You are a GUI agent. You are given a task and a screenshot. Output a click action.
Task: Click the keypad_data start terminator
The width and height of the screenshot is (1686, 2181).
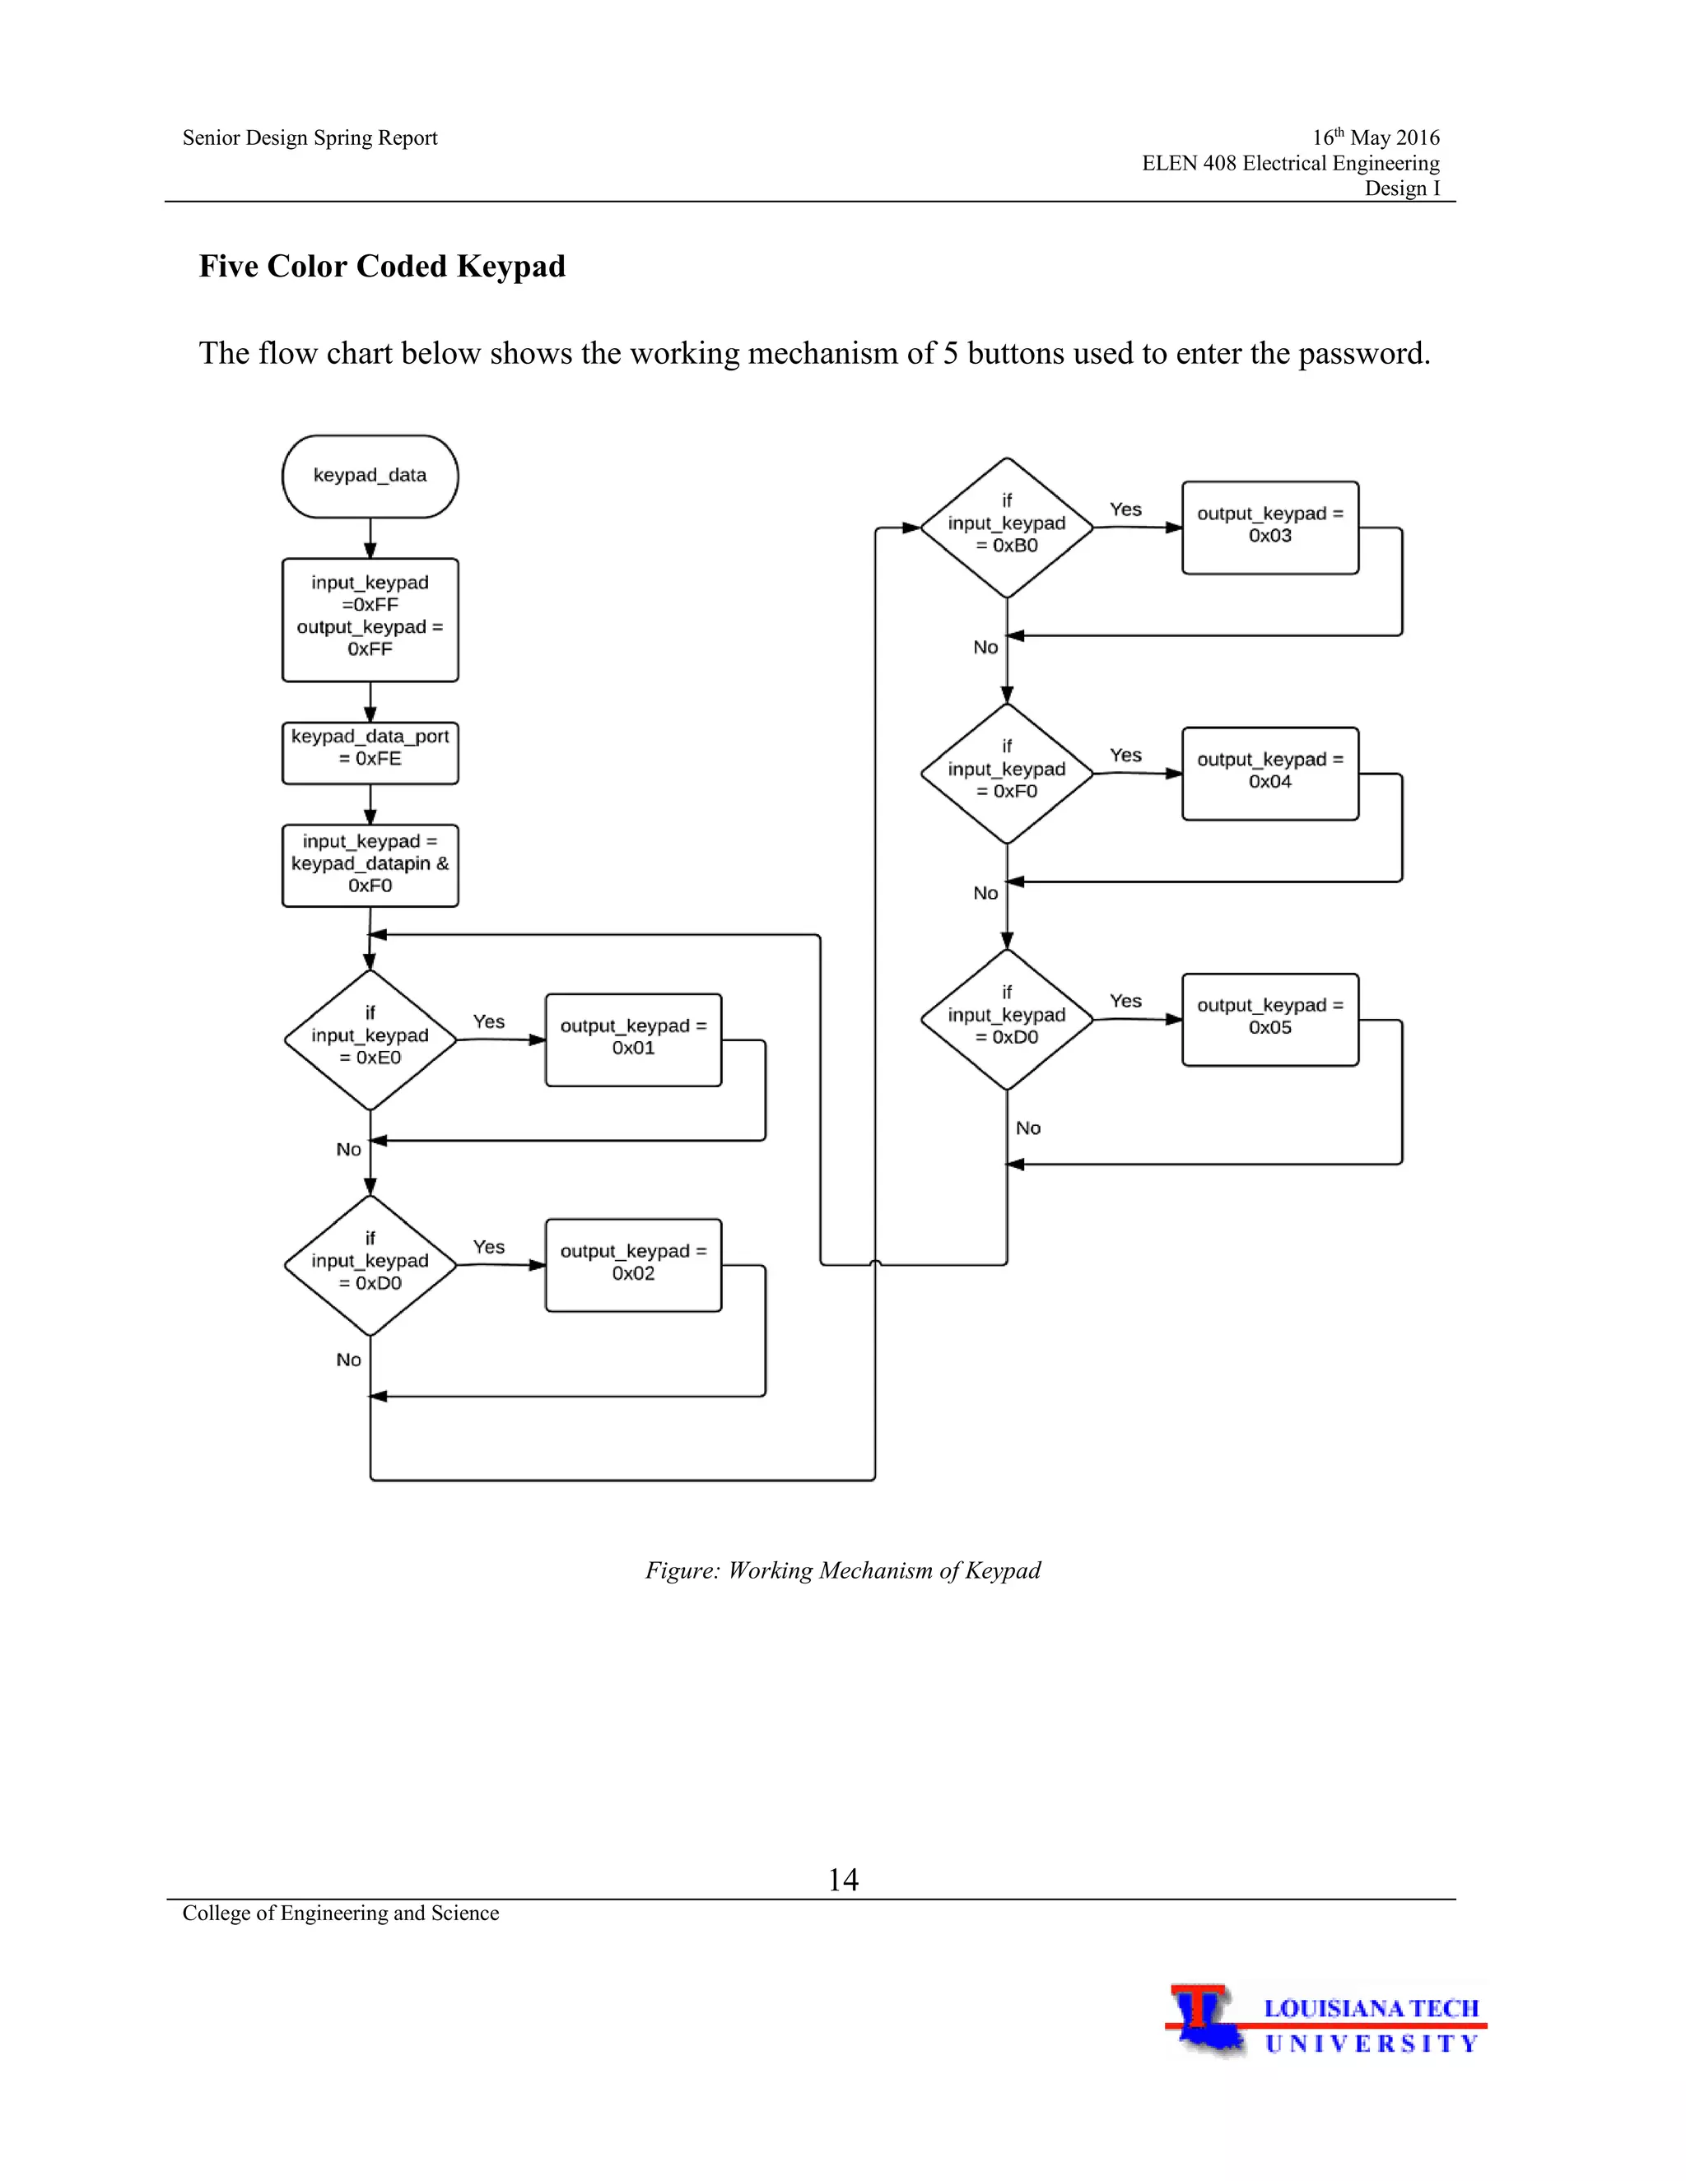[370, 477]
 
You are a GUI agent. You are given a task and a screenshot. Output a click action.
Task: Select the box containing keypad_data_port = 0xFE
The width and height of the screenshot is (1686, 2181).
[370, 753]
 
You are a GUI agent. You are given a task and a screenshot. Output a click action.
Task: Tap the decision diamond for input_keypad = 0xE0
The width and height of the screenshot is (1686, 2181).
[370, 1039]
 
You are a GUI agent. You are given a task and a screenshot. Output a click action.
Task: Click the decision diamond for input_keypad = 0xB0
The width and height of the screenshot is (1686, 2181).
[1006, 528]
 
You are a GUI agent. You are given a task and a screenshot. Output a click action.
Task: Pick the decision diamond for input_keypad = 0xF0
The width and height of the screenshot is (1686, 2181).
[1006, 774]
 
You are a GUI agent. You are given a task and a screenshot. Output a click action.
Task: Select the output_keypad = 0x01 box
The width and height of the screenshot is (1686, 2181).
[633, 1039]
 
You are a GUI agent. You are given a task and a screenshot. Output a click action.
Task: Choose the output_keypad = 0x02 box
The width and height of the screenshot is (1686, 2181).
[633, 1264]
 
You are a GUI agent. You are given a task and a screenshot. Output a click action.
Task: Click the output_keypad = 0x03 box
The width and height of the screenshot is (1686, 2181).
[1269, 528]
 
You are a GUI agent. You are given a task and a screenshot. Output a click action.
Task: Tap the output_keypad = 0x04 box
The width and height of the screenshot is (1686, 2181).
[1269, 773]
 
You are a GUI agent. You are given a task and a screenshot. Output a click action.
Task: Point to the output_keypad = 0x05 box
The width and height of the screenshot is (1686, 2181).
[1269, 1019]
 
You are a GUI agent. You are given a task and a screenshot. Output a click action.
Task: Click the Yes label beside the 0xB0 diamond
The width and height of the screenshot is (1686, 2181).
[1125, 509]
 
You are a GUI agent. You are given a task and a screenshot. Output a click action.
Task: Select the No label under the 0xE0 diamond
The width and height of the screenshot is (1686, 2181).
[347, 1150]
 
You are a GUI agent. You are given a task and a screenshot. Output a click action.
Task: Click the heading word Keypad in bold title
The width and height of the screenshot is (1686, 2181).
[510, 267]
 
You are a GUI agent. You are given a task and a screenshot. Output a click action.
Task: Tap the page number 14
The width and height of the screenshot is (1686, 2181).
[843, 1880]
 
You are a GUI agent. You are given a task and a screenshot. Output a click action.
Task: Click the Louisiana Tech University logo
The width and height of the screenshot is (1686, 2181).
[1325, 2021]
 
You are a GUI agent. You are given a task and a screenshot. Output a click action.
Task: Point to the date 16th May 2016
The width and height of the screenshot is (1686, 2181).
[1376, 137]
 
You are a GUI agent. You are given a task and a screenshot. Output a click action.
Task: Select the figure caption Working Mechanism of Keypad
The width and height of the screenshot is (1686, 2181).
[843, 1569]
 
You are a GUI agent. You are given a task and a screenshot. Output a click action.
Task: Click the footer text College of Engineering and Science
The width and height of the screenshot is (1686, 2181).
[341, 1913]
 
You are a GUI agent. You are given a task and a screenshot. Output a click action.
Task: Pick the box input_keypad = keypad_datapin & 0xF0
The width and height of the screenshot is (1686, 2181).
[370, 865]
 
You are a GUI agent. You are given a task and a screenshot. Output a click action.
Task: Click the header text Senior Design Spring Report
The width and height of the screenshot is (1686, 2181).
[310, 137]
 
